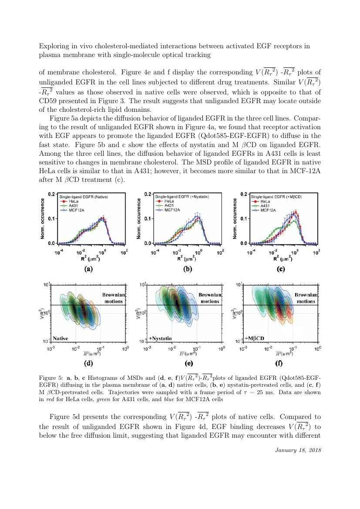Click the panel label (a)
coord(89,269)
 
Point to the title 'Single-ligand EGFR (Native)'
coord(84,197)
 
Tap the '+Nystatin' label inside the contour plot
coord(160,338)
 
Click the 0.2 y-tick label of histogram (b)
coord(148,194)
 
